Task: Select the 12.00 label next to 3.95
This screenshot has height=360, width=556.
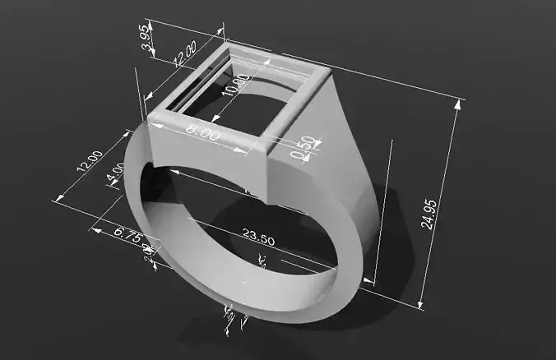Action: pos(186,53)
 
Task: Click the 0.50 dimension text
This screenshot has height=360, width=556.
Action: pos(305,145)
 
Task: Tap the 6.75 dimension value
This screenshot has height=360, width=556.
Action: pos(130,234)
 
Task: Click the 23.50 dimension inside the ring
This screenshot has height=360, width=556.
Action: pos(258,236)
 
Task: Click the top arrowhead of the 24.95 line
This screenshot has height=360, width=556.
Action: pos(456,104)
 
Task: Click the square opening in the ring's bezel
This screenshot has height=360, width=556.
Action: pos(239,95)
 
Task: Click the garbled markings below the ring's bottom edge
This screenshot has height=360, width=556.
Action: pos(233,316)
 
